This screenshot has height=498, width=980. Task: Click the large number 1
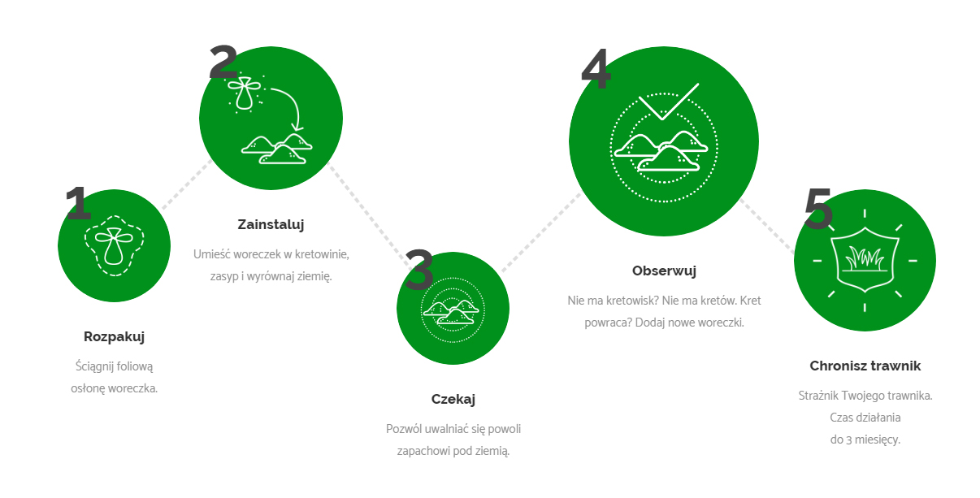tap(79, 202)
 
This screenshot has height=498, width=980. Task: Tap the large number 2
tap(223, 62)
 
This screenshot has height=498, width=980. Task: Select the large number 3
tap(418, 270)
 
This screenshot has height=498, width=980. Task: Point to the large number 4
tap(596, 68)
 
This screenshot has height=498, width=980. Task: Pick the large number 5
tap(817, 208)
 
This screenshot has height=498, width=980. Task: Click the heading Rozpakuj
tap(114, 336)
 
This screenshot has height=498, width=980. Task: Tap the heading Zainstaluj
tap(271, 224)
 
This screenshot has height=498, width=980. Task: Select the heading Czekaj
tap(453, 399)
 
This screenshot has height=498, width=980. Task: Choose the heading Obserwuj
tap(664, 271)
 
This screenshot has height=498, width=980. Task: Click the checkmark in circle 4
tap(668, 102)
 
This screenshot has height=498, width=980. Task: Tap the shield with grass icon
tap(865, 259)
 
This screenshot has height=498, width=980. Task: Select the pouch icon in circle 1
tap(114, 245)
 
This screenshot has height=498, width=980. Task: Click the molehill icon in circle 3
tap(451, 311)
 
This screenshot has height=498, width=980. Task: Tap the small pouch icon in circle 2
tap(244, 93)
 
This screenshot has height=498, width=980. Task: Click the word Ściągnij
tap(95, 366)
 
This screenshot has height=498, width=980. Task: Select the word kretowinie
tap(322, 254)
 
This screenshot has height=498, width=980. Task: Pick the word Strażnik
tap(817, 396)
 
